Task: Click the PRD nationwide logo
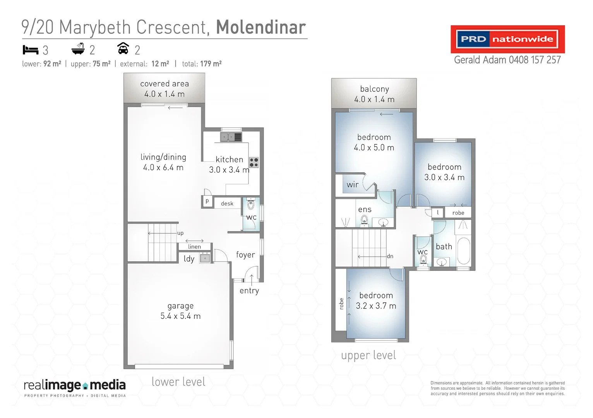507,39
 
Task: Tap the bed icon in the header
31,50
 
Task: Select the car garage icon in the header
123,49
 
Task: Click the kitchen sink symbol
231,137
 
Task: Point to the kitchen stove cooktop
254,162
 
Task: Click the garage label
180,306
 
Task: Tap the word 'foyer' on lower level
245,255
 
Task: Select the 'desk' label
227,204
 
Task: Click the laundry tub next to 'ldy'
205,258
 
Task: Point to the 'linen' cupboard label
194,247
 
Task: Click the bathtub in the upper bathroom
463,250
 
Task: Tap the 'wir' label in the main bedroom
353,185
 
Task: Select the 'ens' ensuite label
365,209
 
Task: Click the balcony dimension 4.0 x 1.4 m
374,99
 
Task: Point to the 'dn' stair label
390,256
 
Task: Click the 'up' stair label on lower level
180,233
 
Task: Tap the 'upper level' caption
368,355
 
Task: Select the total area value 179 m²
211,64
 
